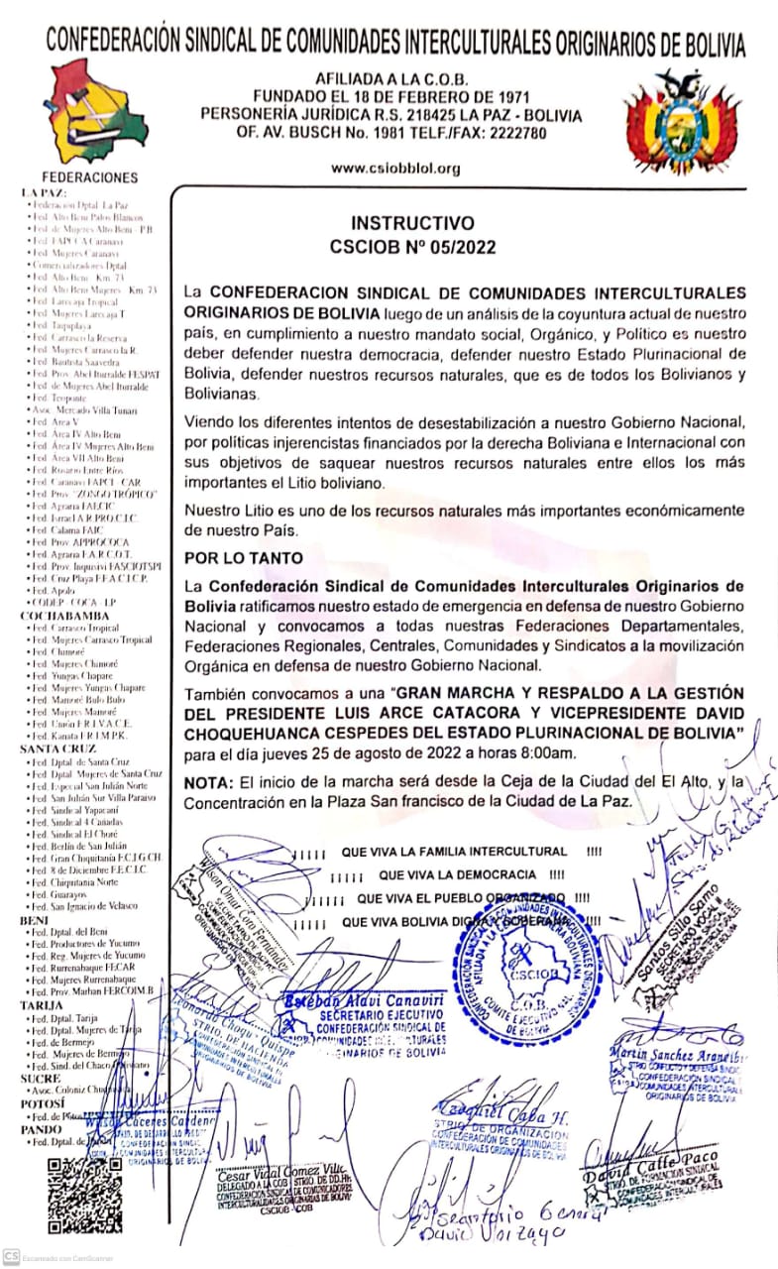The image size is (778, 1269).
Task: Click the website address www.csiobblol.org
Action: (x=396, y=168)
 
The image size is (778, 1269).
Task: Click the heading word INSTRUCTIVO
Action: (x=412, y=223)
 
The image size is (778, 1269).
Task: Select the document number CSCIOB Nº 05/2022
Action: (x=412, y=247)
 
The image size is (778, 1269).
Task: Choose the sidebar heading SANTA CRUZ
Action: (x=56, y=749)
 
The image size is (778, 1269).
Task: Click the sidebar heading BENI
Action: (x=36, y=921)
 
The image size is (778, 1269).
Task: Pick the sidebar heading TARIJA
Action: (x=42, y=1004)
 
